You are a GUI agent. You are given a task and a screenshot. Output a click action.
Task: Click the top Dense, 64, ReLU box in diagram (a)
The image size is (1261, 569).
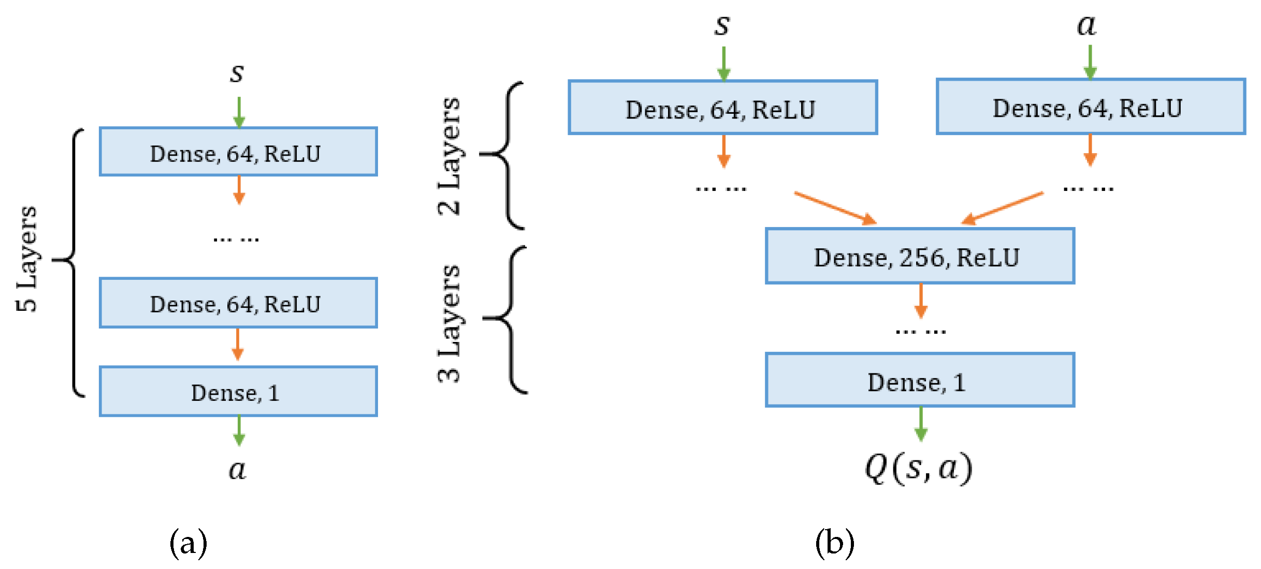[x=238, y=152]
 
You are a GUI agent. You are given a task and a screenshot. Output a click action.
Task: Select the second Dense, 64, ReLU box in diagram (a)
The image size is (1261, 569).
[x=238, y=303]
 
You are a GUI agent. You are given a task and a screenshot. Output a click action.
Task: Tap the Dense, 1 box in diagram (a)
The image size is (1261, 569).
[x=238, y=392]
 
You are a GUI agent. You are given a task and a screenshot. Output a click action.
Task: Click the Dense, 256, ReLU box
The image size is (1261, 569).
[x=920, y=256]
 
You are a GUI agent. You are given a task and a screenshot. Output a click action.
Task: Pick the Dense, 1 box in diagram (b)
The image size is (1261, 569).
[x=920, y=380]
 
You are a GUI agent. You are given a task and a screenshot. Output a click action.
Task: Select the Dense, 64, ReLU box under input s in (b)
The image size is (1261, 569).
[x=722, y=108]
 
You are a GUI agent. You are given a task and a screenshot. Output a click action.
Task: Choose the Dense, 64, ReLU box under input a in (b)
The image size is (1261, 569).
[x=1091, y=107]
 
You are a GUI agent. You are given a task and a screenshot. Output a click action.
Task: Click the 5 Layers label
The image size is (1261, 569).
[x=27, y=259]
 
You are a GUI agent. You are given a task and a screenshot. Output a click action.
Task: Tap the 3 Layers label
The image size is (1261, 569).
[x=448, y=323]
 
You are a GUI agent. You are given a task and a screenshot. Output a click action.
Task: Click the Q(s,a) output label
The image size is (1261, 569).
[x=919, y=468]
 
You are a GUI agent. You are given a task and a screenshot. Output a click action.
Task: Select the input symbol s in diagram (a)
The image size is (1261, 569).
[x=237, y=72]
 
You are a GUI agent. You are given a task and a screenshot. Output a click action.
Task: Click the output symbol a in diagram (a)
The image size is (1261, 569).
[x=238, y=470]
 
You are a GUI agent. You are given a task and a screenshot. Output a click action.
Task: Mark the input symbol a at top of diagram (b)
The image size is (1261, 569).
[x=1086, y=25]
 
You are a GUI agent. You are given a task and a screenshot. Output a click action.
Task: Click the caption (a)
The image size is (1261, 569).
[x=188, y=543]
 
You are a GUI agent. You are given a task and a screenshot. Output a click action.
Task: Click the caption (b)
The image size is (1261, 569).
[x=834, y=543]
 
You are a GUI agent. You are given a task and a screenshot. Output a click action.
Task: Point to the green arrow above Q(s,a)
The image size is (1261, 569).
[x=920, y=424]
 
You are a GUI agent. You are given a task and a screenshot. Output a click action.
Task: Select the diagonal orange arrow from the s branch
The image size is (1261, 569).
[x=835, y=208]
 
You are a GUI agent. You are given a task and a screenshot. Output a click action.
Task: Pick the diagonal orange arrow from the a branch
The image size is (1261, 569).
[x=1003, y=208]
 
